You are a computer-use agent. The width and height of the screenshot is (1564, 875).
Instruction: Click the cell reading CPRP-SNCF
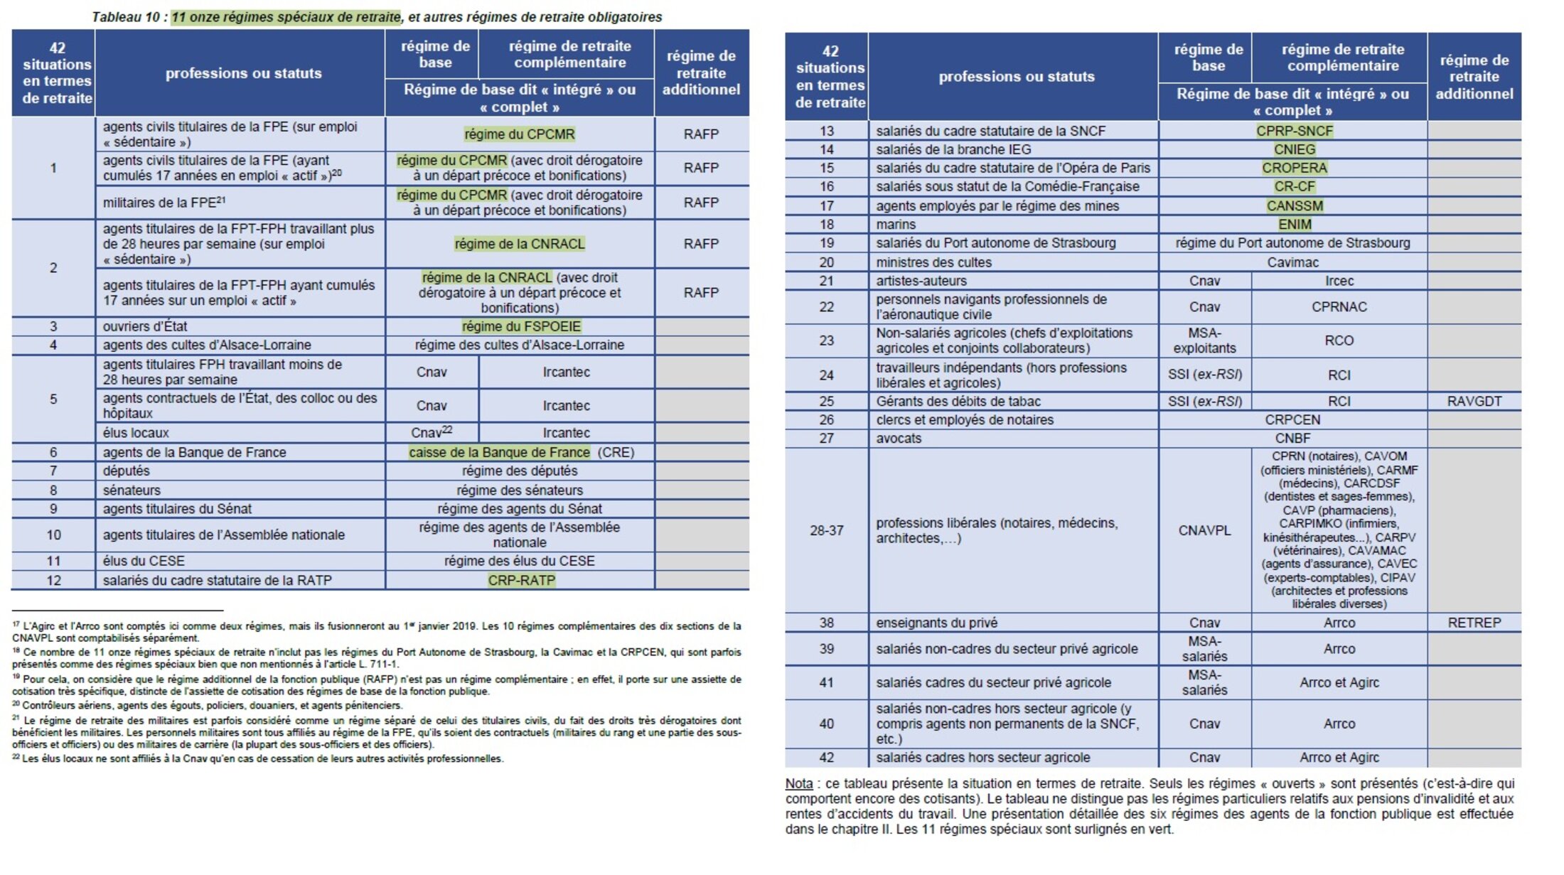pyautogui.click(x=1294, y=131)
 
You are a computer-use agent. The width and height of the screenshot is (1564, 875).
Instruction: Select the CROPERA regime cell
pyautogui.click(x=1294, y=168)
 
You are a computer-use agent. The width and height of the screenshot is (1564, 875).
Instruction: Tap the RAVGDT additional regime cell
pyautogui.click(x=1474, y=401)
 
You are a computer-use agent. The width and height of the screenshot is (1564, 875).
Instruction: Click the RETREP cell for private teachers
pyautogui.click(x=1474, y=623)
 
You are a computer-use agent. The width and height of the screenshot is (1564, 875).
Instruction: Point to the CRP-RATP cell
pyautogui.click(x=520, y=580)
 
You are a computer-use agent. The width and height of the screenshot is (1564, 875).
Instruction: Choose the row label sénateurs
pyautogui.click(x=132, y=490)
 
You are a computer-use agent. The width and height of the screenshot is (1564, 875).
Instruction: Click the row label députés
pyautogui.click(x=127, y=471)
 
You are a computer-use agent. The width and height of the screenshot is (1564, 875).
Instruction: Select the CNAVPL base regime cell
pyautogui.click(x=1204, y=530)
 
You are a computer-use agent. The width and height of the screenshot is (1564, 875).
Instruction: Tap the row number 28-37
pyautogui.click(x=826, y=530)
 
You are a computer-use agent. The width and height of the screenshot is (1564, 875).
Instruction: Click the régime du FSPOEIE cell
pyautogui.click(x=520, y=326)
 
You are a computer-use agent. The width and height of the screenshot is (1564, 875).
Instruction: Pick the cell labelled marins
pyautogui.click(x=896, y=225)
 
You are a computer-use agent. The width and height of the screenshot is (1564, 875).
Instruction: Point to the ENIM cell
pyautogui.click(x=1294, y=225)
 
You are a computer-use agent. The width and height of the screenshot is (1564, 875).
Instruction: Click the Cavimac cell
pyautogui.click(x=1292, y=262)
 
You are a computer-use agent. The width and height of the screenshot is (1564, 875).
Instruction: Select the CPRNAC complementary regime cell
pyautogui.click(x=1339, y=307)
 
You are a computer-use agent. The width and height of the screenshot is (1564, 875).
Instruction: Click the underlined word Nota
pyautogui.click(x=798, y=783)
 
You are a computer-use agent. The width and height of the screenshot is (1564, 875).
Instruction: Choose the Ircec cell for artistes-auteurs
pyautogui.click(x=1339, y=281)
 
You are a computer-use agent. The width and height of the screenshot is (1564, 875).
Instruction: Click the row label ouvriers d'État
pyautogui.click(x=145, y=326)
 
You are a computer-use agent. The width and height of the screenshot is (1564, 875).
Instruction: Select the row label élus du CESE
pyautogui.click(x=144, y=561)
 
